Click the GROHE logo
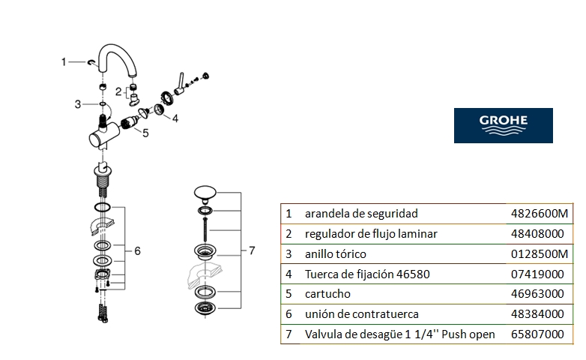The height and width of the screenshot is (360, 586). pyautogui.click(x=503, y=125)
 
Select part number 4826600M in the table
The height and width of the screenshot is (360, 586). pyautogui.click(x=540, y=214)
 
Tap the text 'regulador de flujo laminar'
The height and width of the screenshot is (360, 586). pyautogui.click(x=371, y=234)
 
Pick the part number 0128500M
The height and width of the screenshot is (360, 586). pyautogui.click(x=540, y=254)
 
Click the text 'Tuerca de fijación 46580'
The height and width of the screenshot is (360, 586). pyautogui.click(x=367, y=274)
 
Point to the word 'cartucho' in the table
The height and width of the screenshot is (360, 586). pyautogui.click(x=327, y=294)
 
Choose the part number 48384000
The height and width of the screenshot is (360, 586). pyautogui.click(x=537, y=314)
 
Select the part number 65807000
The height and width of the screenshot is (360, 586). pyautogui.click(x=537, y=334)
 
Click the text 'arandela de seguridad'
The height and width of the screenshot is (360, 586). pyautogui.click(x=361, y=214)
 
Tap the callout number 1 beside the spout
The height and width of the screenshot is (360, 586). pyautogui.click(x=64, y=61)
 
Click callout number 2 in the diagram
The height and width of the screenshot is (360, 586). pyautogui.click(x=118, y=91)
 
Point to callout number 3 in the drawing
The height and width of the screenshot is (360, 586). pyautogui.click(x=78, y=104)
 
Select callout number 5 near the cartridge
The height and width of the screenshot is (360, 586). pyautogui.click(x=145, y=133)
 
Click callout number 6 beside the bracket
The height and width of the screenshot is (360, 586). pyautogui.click(x=138, y=251)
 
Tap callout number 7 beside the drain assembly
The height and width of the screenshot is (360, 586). pyautogui.click(x=252, y=250)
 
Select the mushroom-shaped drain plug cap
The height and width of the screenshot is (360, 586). pyautogui.click(x=205, y=193)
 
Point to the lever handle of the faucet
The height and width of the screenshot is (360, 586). pyautogui.click(x=179, y=84)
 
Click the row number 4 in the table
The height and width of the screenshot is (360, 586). pyautogui.click(x=289, y=274)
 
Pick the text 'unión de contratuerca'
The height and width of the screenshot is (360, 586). pyautogui.click(x=361, y=314)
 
